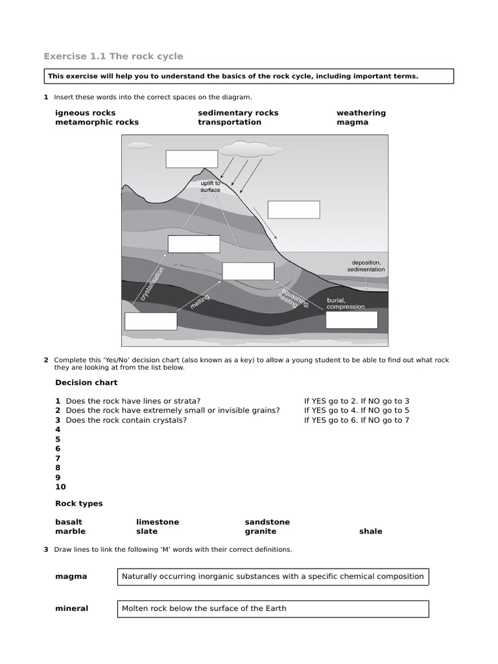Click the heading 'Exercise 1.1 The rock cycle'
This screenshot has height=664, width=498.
[x=113, y=56]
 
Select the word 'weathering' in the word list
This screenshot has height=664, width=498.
[x=361, y=113]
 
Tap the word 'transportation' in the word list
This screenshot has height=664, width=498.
[x=230, y=122]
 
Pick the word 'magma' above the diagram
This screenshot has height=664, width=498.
[x=352, y=122]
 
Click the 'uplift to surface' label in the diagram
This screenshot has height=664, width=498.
[x=210, y=187]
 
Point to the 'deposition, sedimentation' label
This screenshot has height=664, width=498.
[x=366, y=266]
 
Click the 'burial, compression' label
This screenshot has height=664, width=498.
[x=346, y=303]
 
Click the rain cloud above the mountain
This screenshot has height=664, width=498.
[x=249, y=150]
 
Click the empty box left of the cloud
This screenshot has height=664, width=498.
[x=191, y=159]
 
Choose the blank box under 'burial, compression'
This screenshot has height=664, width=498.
[x=351, y=320]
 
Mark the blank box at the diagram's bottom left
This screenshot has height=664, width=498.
[x=150, y=321]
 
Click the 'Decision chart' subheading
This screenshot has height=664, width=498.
[x=86, y=383]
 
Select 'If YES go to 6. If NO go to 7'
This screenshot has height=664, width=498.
[x=357, y=420]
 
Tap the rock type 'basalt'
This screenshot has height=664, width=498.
[x=69, y=522]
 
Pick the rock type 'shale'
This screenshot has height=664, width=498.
[x=370, y=531]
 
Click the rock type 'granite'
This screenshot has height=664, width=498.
[x=260, y=531]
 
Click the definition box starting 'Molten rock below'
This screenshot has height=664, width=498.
[x=272, y=609]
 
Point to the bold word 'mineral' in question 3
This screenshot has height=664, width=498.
[x=71, y=609]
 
